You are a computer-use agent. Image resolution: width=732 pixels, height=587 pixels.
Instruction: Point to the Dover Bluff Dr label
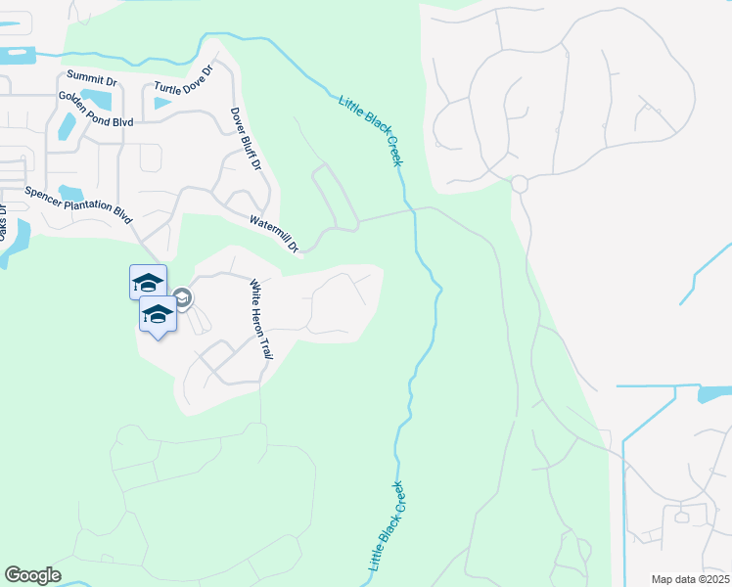(246, 139)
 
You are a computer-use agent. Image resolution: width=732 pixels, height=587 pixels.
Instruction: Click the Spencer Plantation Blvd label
(78, 204)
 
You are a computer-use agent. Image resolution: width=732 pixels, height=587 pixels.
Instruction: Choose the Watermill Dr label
(273, 235)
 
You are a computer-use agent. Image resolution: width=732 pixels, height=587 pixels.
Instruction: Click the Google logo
(32, 575)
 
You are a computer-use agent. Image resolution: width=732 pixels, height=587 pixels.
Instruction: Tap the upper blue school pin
(148, 283)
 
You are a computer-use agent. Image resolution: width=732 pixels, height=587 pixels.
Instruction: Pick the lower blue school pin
(158, 314)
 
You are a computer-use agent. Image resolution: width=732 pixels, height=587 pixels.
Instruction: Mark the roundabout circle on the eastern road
(519, 184)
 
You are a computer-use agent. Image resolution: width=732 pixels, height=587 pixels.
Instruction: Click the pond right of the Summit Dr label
(97, 98)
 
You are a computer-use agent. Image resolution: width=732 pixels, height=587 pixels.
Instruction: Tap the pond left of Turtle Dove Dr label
(160, 101)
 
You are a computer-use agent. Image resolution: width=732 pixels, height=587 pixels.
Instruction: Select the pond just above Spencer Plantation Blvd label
(69, 192)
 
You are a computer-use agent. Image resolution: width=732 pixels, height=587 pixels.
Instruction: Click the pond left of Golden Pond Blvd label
(67, 126)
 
